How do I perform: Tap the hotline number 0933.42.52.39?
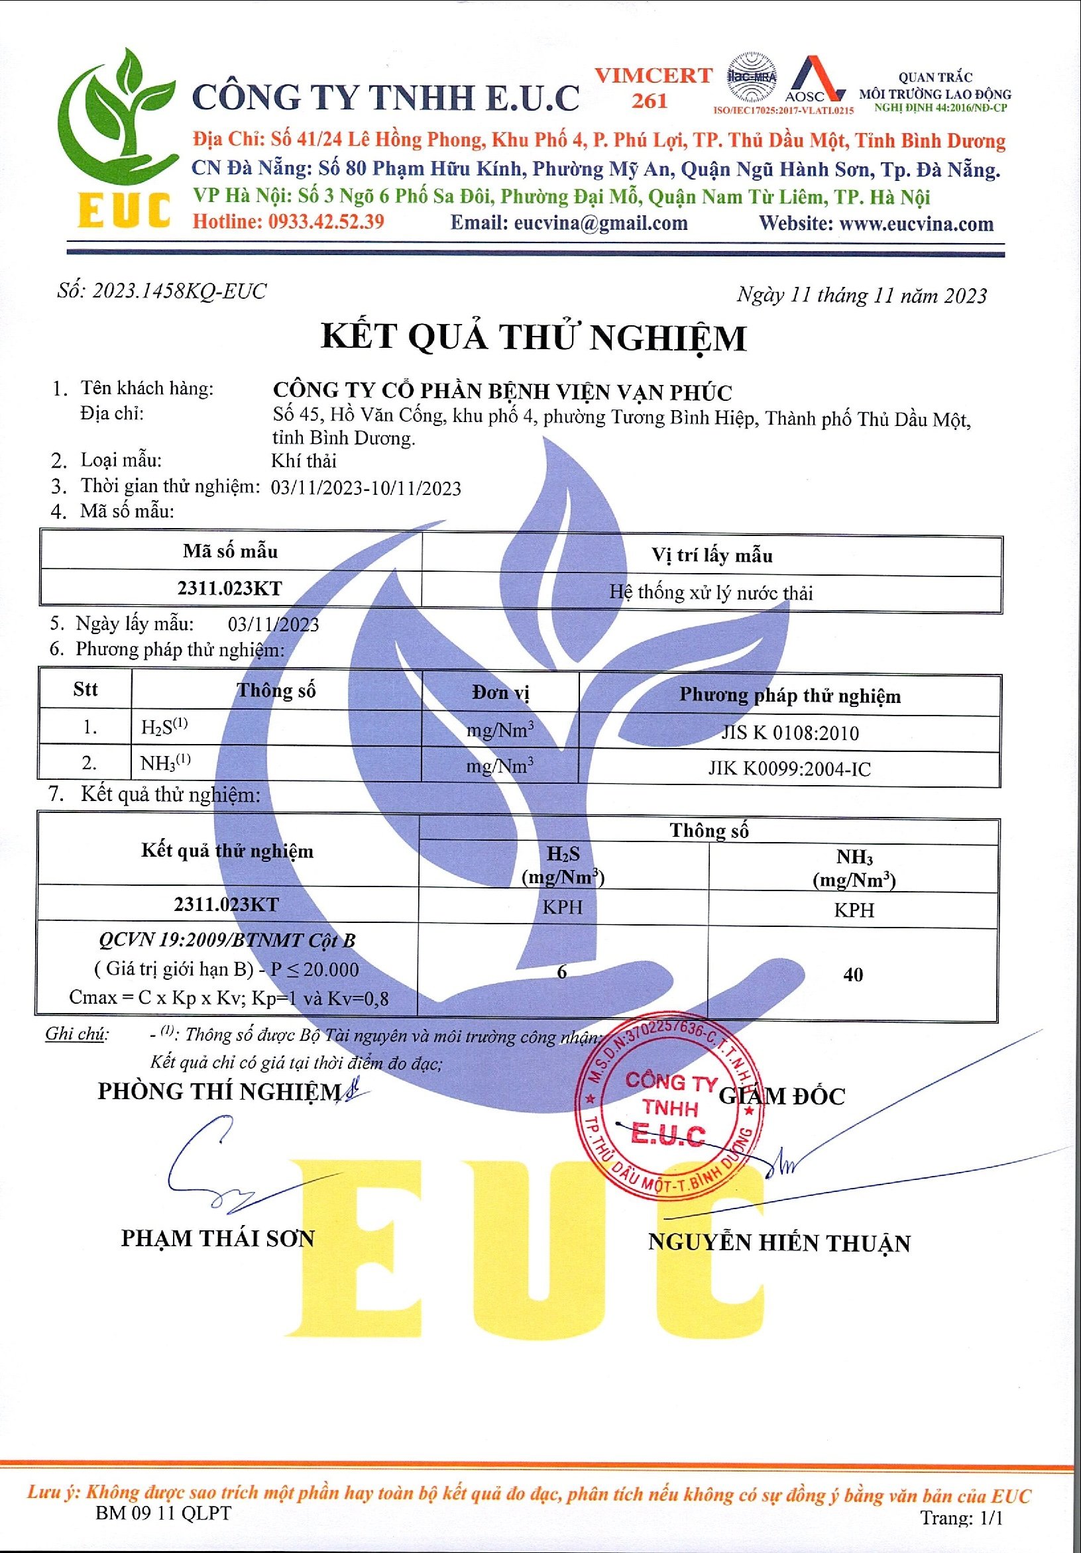tap(326, 221)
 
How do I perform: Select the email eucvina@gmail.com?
tap(600, 223)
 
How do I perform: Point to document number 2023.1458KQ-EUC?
tap(179, 291)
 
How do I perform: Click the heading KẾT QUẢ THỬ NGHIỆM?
tap(534, 337)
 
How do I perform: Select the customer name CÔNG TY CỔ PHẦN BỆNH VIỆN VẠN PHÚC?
tap(502, 392)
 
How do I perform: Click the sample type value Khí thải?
tap(304, 461)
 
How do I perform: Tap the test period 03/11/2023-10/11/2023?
tap(366, 488)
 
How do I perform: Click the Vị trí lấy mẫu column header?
tap(712, 556)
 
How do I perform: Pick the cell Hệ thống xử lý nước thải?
tap(711, 592)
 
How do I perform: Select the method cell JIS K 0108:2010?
tap(789, 733)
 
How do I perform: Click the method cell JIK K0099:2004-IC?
tap(789, 769)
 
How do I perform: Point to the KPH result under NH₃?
tap(854, 910)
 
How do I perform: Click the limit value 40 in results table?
tap(853, 974)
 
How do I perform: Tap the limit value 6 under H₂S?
tap(562, 971)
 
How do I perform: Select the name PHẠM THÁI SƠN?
tap(218, 1238)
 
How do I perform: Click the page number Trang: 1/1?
tap(961, 1517)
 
